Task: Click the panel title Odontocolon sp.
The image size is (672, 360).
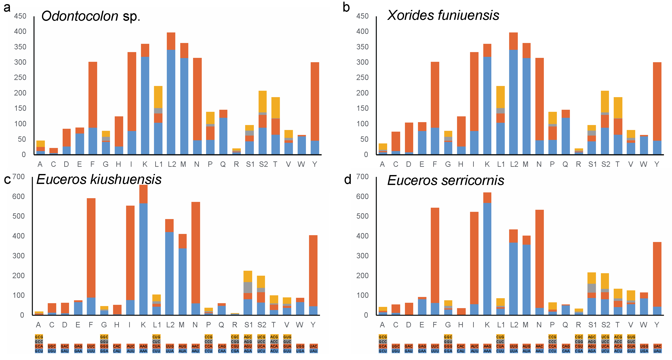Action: pyautogui.click(x=91, y=16)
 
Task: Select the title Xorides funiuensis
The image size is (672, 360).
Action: pyautogui.click(x=443, y=15)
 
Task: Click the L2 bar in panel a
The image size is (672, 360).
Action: pyautogui.click(x=171, y=94)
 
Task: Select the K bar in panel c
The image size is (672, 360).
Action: pyautogui.click(x=143, y=250)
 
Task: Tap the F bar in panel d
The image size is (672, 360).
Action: pyautogui.click(x=435, y=261)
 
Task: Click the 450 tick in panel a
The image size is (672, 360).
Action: pyautogui.click(x=20, y=16)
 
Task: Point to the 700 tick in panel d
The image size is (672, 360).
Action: pyautogui.click(x=362, y=177)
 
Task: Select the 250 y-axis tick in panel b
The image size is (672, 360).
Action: pyautogui.click(x=362, y=77)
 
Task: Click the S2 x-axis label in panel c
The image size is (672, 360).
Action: pyautogui.click(x=262, y=325)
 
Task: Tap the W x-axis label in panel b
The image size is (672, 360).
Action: pyautogui.click(x=643, y=164)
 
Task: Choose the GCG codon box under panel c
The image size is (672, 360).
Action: pyautogui.click(x=39, y=337)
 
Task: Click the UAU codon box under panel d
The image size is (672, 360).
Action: pyautogui.click(x=657, y=351)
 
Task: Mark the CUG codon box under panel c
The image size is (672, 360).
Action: pyautogui.click(x=156, y=337)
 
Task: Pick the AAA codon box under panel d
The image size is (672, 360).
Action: pyautogui.click(x=487, y=351)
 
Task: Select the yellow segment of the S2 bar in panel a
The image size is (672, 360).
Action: pyautogui.click(x=263, y=102)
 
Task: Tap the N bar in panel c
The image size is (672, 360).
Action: pyautogui.click(x=196, y=258)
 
